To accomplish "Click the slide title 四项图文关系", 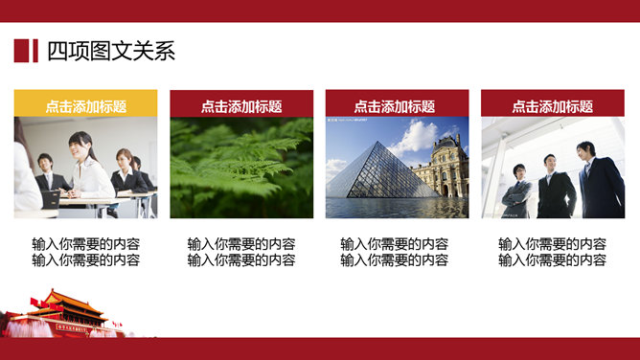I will [x=111, y=51].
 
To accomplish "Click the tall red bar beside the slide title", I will [x=20, y=51].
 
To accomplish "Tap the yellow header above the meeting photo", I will [x=85, y=106].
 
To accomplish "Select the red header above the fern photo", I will [x=241, y=106].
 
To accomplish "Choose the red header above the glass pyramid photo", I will [x=397, y=106].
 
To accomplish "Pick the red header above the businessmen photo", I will [x=553, y=106].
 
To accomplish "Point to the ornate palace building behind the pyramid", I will [x=442, y=168].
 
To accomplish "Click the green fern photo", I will [x=241, y=168].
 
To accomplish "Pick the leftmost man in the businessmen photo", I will [x=518, y=191].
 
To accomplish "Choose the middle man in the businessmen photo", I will [x=555, y=187].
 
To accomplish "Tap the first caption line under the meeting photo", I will [x=85, y=244].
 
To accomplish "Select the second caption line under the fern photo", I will [x=241, y=259].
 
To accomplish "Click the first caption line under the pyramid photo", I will [x=394, y=244].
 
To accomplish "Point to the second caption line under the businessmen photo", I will [x=552, y=259].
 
